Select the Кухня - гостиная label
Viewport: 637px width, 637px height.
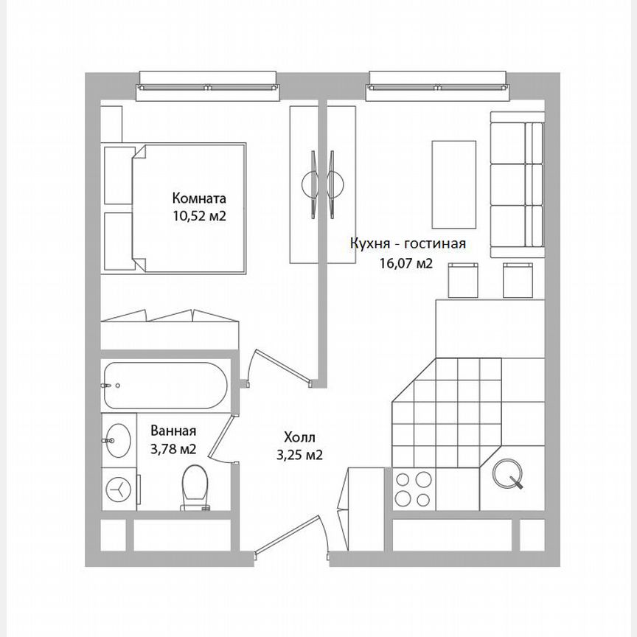tap(408, 244)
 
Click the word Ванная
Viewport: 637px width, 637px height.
tap(173, 431)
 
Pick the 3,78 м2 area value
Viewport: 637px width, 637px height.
tap(173, 449)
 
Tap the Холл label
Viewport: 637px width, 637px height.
tap(299, 436)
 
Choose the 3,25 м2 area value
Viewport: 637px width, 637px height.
tap(299, 455)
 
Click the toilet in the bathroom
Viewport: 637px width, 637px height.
tap(195, 487)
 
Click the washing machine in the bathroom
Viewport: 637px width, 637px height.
tap(118, 487)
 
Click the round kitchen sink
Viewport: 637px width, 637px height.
tap(509, 473)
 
